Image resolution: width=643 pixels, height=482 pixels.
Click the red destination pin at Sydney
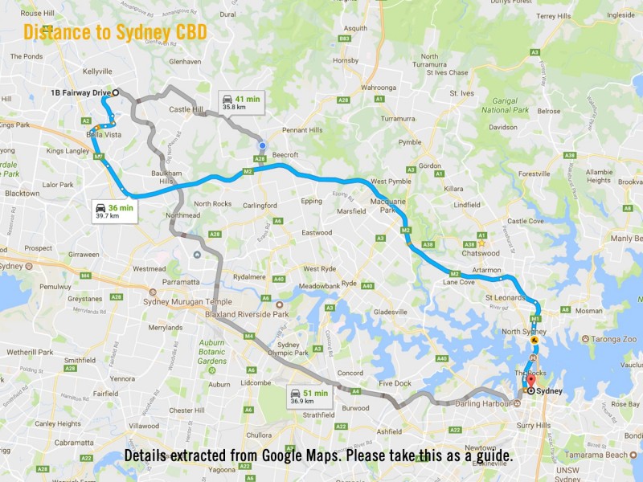click(x=530, y=381)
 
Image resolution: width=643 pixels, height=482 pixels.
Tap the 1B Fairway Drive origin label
click(x=80, y=92)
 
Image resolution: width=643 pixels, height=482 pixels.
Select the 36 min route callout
click(x=114, y=211)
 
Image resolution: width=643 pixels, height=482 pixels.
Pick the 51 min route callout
click(x=309, y=397)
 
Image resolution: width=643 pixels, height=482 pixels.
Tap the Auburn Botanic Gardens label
click(x=212, y=351)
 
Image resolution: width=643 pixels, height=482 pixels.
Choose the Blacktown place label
click(x=22, y=194)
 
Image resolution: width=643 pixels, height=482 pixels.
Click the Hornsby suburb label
click(x=346, y=60)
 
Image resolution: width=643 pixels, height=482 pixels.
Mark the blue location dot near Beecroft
click(x=262, y=145)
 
